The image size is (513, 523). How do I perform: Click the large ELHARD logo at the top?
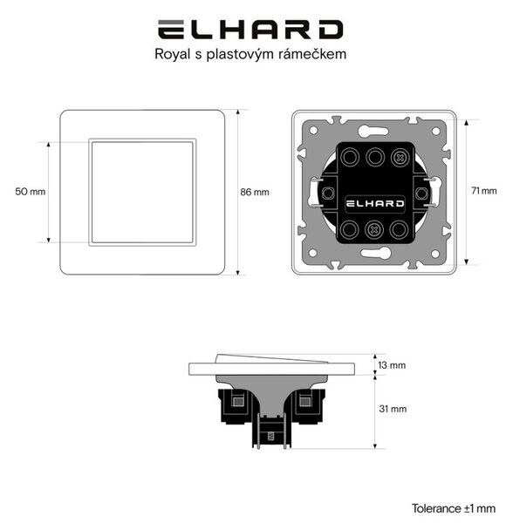[x=250, y=30]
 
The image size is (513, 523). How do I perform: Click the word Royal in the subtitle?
[x=172, y=54]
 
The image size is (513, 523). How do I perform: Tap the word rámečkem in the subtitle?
[x=313, y=54]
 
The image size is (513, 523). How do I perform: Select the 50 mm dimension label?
[x=31, y=192]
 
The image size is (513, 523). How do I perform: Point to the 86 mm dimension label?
[x=255, y=192]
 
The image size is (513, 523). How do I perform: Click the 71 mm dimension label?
[x=484, y=191]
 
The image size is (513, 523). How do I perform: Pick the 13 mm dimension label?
[x=392, y=365]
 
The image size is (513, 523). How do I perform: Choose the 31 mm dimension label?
[x=393, y=409]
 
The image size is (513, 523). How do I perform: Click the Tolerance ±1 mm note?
[x=454, y=508]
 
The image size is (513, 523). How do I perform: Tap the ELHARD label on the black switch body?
[x=375, y=203]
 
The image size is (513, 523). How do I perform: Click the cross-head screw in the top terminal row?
[x=400, y=157]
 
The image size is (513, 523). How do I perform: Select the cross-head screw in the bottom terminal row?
[x=374, y=229]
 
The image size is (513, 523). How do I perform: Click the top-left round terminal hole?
[x=350, y=157]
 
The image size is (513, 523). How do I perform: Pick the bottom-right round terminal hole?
[x=399, y=229]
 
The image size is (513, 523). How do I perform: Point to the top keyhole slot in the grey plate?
[x=373, y=130]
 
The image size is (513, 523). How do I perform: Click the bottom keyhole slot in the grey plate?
[x=375, y=253]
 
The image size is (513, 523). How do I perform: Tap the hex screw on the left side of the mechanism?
[x=328, y=194]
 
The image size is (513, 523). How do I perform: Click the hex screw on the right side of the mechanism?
[x=421, y=194]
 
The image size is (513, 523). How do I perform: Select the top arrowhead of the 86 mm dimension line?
[x=238, y=112]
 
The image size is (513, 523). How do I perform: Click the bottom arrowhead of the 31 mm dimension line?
[x=375, y=446]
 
